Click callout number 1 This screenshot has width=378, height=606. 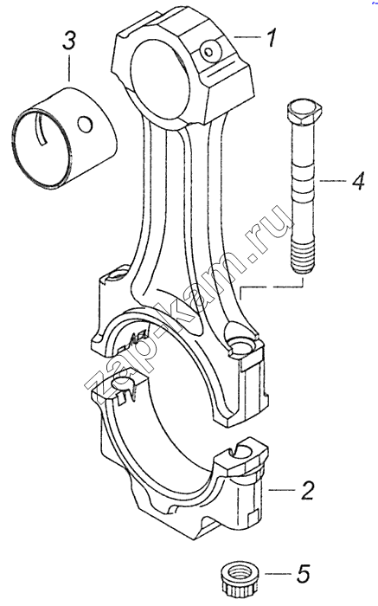(x=272, y=37)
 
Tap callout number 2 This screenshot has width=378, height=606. (x=307, y=491)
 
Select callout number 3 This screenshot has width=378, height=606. (x=68, y=42)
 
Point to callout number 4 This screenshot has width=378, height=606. (x=357, y=180)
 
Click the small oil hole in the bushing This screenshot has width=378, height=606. (x=85, y=124)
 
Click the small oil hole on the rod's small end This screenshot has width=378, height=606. (x=208, y=51)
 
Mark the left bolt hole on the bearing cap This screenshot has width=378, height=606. (x=124, y=384)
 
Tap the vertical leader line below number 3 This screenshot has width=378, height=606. (x=69, y=68)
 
